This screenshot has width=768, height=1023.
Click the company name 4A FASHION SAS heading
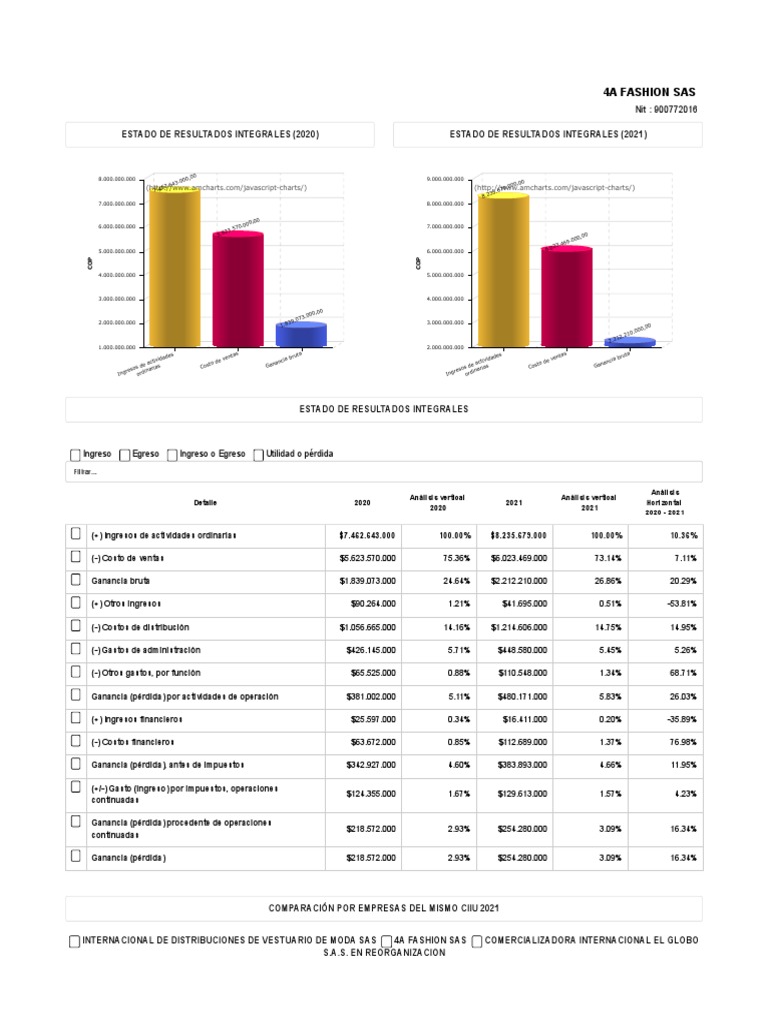point(650,91)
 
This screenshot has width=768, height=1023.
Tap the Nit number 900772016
point(666,109)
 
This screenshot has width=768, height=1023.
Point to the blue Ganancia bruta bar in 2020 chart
point(301,334)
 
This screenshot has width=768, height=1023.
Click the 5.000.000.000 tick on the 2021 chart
point(448,275)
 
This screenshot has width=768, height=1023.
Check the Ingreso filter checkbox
point(75,455)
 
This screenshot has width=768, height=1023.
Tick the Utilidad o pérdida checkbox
point(259,455)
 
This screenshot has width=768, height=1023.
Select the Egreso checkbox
point(124,455)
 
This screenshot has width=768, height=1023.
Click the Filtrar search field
point(384,472)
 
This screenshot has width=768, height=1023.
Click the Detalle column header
point(206,503)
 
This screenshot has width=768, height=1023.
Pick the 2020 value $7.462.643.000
point(367,536)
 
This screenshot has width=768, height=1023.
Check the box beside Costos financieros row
point(75,741)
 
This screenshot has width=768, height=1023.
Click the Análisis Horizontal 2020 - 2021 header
point(665,503)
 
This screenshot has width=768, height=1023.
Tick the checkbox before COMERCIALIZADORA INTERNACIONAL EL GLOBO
point(477,941)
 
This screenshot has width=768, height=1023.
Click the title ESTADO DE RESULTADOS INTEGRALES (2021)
point(548,134)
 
